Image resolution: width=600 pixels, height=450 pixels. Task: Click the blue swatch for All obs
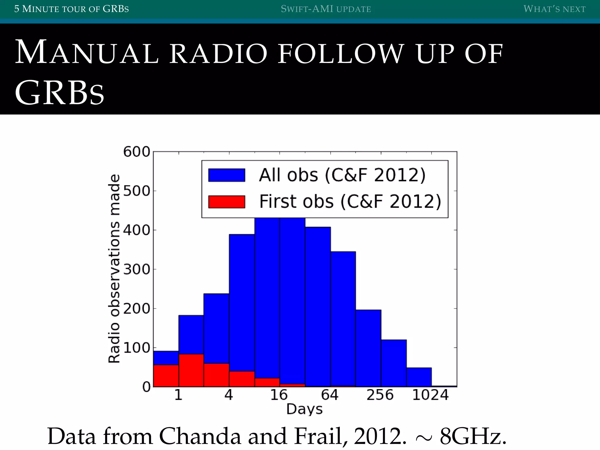(226, 175)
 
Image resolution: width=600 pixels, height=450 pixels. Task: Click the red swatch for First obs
(226, 202)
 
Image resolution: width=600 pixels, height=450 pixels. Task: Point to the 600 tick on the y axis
(137, 152)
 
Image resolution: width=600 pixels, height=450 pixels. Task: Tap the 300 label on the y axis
(137, 269)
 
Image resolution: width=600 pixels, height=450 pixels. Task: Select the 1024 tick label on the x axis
(430, 395)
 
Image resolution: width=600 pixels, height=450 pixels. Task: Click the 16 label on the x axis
(279, 395)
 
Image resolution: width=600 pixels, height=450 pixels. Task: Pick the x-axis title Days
(304, 409)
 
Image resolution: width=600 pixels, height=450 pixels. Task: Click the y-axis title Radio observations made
(114, 269)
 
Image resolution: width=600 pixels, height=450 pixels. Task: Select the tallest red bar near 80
(191, 370)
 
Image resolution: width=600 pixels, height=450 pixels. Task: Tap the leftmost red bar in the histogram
(166, 376)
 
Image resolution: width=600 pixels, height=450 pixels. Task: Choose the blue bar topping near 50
(419, 377)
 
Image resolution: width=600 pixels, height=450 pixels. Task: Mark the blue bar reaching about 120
(394, 363)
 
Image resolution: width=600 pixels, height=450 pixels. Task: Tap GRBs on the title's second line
(59, 93)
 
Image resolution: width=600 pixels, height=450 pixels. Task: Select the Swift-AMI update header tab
(326, 9)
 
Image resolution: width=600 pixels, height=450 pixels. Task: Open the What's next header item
(554, 9)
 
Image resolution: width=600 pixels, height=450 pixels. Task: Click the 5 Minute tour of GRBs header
(71, 9)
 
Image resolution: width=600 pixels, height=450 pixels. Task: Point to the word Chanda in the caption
(200, 436)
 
